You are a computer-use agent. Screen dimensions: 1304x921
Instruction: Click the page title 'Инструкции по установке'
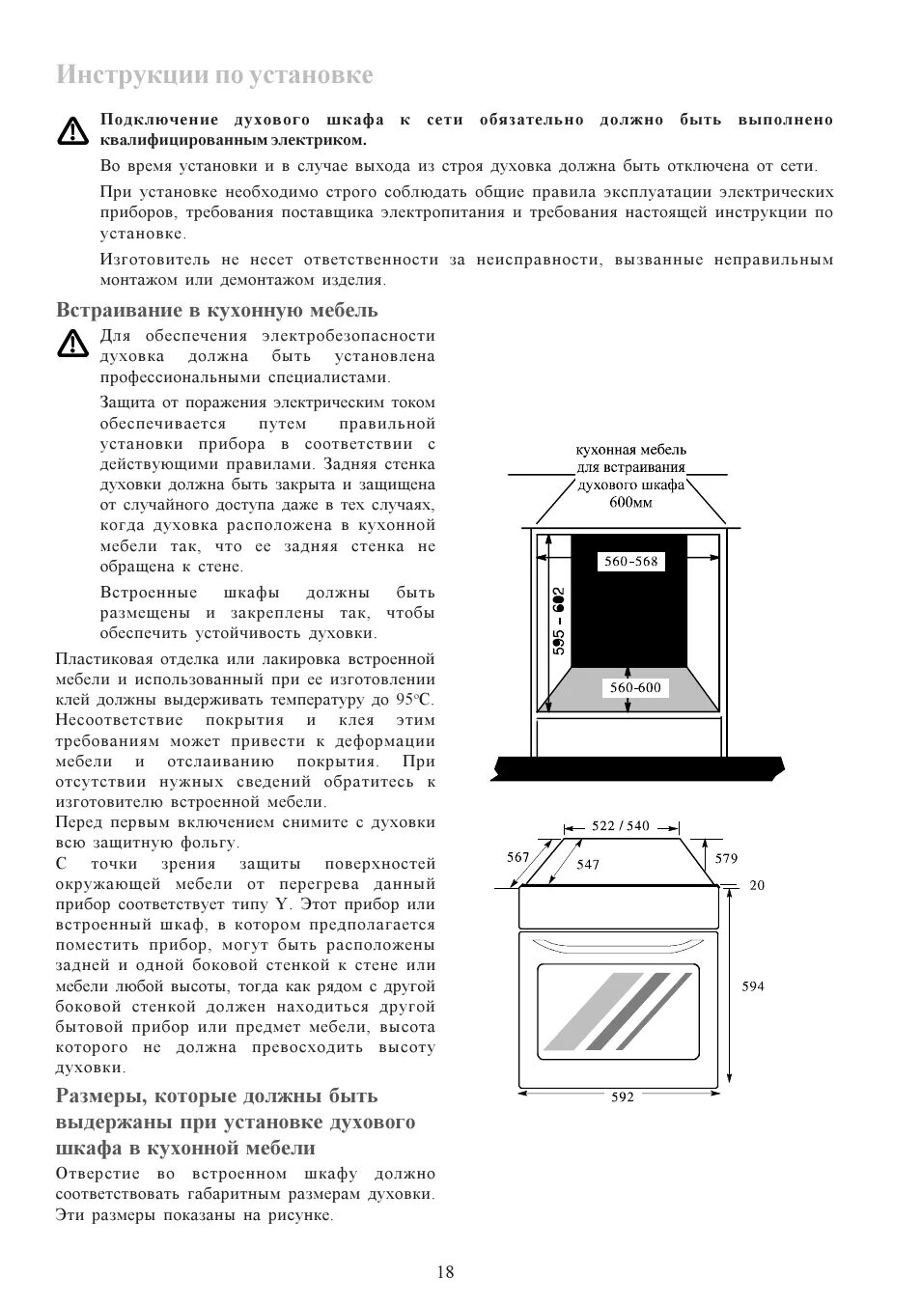[214, 75]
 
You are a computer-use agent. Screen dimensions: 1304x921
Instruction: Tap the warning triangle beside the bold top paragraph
[72, 130]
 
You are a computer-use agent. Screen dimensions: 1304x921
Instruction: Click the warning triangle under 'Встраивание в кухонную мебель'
[72, 345]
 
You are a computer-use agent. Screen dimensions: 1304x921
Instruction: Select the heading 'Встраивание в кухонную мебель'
[217, 310]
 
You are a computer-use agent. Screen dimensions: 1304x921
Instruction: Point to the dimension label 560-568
[630, 561]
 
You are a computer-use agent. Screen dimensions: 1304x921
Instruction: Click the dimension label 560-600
[635, 687]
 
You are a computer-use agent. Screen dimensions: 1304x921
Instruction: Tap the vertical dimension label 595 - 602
[559, 622]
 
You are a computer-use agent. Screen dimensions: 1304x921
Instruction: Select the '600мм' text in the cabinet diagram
[630, 502]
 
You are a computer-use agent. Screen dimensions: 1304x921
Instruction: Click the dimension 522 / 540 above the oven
[621, 826]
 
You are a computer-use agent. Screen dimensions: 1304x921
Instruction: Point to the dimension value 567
[517, 857]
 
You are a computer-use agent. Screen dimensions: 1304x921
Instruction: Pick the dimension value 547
[588, 865]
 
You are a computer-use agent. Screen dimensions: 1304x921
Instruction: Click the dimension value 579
[726, 858]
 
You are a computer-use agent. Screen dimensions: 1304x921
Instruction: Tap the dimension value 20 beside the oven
[757, 885]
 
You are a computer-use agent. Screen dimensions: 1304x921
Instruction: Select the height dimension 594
[753, 986]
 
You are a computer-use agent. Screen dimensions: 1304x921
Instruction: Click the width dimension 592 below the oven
[623, 1097]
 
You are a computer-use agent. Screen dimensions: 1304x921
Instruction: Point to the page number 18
[445, 1271]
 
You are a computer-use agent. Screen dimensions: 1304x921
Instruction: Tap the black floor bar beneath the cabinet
[637, 769]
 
